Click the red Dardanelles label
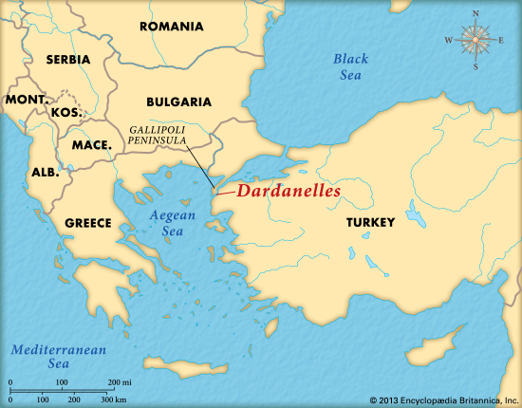coord(288,190)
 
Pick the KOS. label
coord(65,112)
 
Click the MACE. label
coord(92,145)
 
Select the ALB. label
coord(45,174)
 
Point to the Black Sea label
coord(350,66)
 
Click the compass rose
coord(474,40)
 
